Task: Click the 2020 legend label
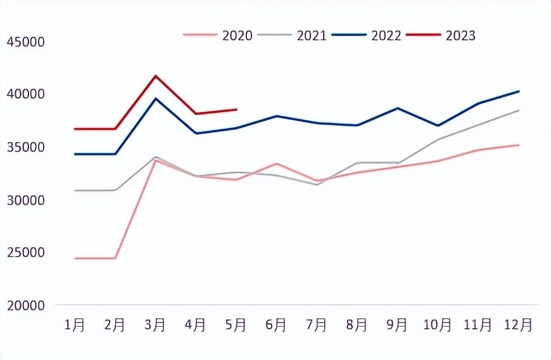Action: tap(237, 35)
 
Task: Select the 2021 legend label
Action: tap(312, 35)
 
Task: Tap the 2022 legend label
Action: tap(386, 35)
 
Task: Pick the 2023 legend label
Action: tap(460, 35)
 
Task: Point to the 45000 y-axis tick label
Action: tap(26, 42)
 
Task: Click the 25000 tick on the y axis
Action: tap(26, 252)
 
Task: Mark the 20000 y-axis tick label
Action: tap(26, 305)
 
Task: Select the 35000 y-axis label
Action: tap(26, 147)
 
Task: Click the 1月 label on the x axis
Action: tap(75, 325)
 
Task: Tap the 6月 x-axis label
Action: tap(276, 325)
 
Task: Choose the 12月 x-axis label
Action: tap(518, 325)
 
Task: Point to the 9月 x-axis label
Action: tap(397, 325)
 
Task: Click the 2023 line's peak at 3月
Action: tap(155, 75)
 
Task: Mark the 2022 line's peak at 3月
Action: tap(155, 98)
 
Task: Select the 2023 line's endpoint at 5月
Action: tap(236, 110)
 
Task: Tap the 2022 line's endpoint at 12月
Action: tap(519, 91)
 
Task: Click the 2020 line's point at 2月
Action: tap(115, 258)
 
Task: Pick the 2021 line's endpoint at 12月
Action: tap(519, 110)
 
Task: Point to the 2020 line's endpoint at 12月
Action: tap(519, 145)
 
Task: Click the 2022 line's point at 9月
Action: tap(398, 108)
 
